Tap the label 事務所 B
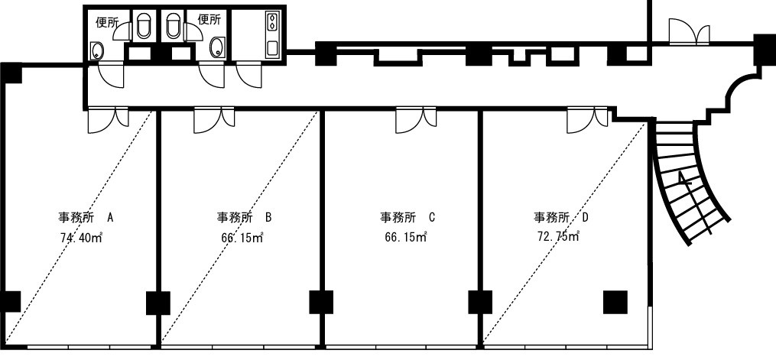[x=243, y=218]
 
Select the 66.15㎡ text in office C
[x=405, y=237]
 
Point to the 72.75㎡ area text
[x=558, y=237]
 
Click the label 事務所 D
[x=561, y=218]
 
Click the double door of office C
[x=416, y=120]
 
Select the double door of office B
[x=214, y=120]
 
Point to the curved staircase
[x=692, y=183]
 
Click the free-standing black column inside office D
[x=615, y=302]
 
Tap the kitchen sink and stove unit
[x=271, y=34]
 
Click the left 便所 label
[x=107, y=22]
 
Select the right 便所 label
[x=209, y=19]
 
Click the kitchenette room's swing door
[x=249, y=76]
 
